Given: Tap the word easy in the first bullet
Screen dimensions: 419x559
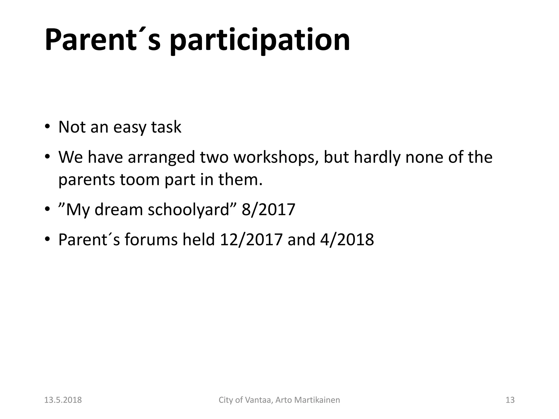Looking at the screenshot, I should click(x=130, y=127).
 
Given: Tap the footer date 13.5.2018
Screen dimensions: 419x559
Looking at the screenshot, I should click(x=63, y=400).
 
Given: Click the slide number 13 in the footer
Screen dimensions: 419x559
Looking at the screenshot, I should click(x=510, y=400).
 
